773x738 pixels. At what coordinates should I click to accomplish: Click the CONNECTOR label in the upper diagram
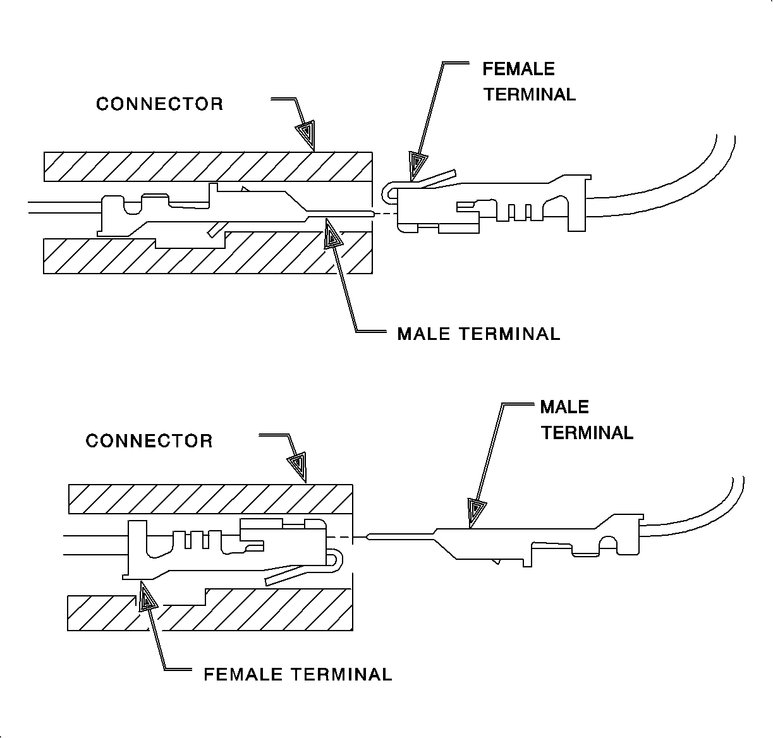point(159,104)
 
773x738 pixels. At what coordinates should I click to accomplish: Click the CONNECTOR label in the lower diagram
point(149,441)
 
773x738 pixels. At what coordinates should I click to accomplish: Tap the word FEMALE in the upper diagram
point(518,69)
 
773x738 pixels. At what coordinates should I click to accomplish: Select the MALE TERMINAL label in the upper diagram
point(478,334)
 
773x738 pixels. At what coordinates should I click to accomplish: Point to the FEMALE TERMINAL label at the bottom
point(298,674)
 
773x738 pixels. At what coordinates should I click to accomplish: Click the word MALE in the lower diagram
point(564,407)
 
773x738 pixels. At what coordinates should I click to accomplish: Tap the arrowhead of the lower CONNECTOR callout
point(297,466)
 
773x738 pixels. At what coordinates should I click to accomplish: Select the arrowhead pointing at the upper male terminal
point(332,235)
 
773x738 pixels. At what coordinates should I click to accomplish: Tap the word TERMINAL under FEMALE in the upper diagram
point(530,95)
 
